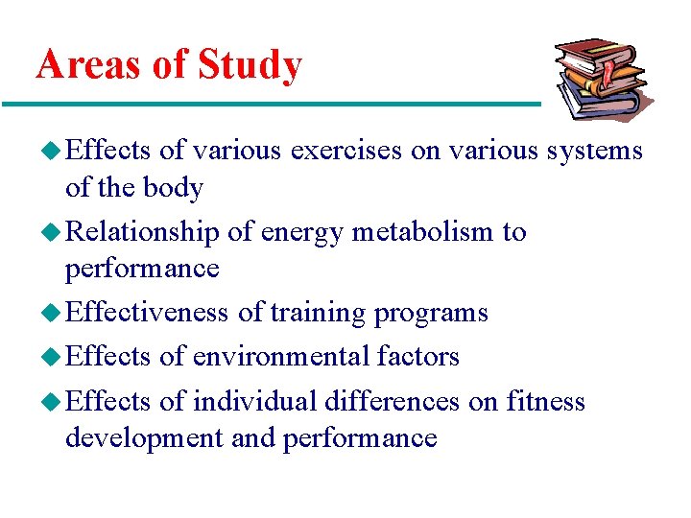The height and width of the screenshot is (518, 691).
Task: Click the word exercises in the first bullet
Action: (345, 151)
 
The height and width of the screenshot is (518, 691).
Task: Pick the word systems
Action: (594, 152)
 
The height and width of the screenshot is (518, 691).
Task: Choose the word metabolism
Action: (423, 232)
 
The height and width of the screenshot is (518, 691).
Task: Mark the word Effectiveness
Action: (147, 313)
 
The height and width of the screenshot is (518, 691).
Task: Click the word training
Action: (319, 314)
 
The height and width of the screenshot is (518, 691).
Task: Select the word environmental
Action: (280, 357)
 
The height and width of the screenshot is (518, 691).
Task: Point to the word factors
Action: (417, 357)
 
